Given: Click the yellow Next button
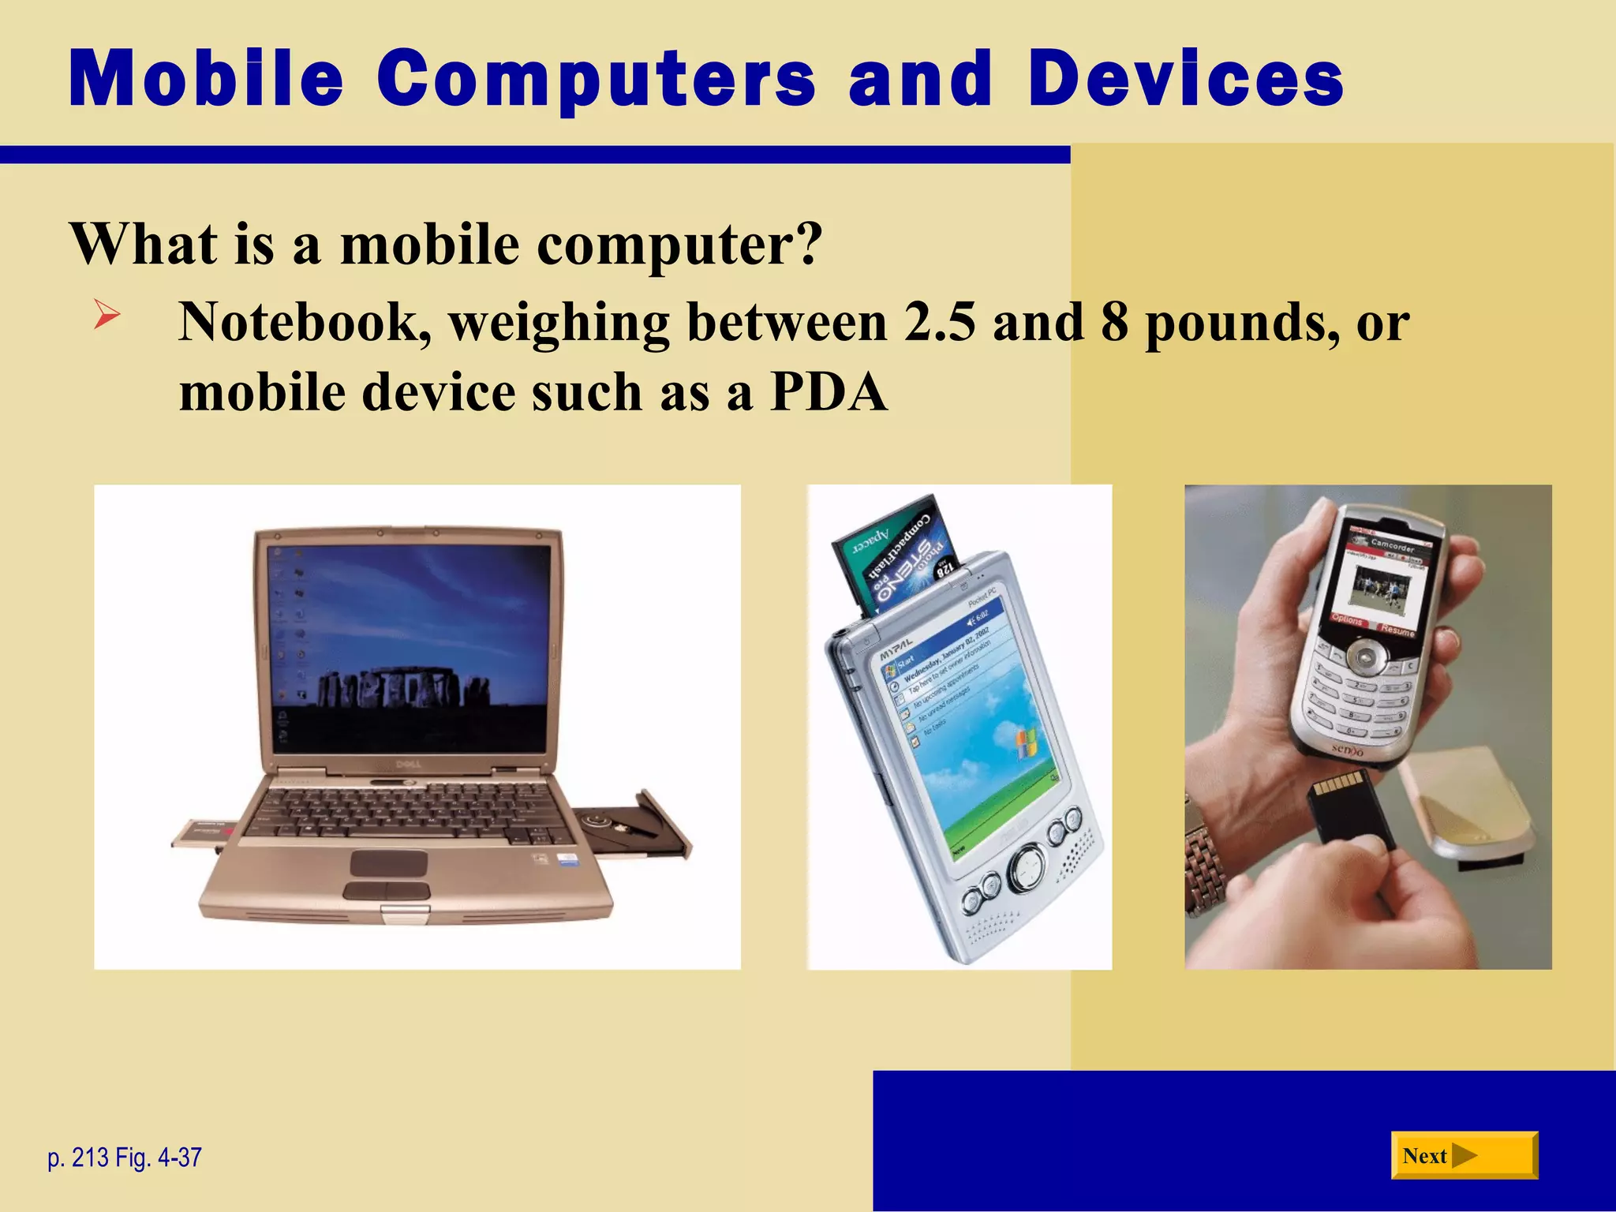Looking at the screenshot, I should (x=1464, y=1155).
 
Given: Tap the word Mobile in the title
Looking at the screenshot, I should (x=206, y=78).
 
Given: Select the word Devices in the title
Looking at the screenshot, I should (x=1186, y=78).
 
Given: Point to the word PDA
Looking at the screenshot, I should (x=829, y=392).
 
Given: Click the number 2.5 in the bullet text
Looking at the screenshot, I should (x=939, y=322).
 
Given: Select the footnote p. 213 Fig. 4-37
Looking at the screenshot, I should (x=125, y=1158).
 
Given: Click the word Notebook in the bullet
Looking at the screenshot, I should (x=305, y=322).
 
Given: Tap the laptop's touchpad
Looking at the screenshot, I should (x=388, y=862).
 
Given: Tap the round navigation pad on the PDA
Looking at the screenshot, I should (x=1027, y=870).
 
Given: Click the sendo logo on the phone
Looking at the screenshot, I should (x=1348, y=750).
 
